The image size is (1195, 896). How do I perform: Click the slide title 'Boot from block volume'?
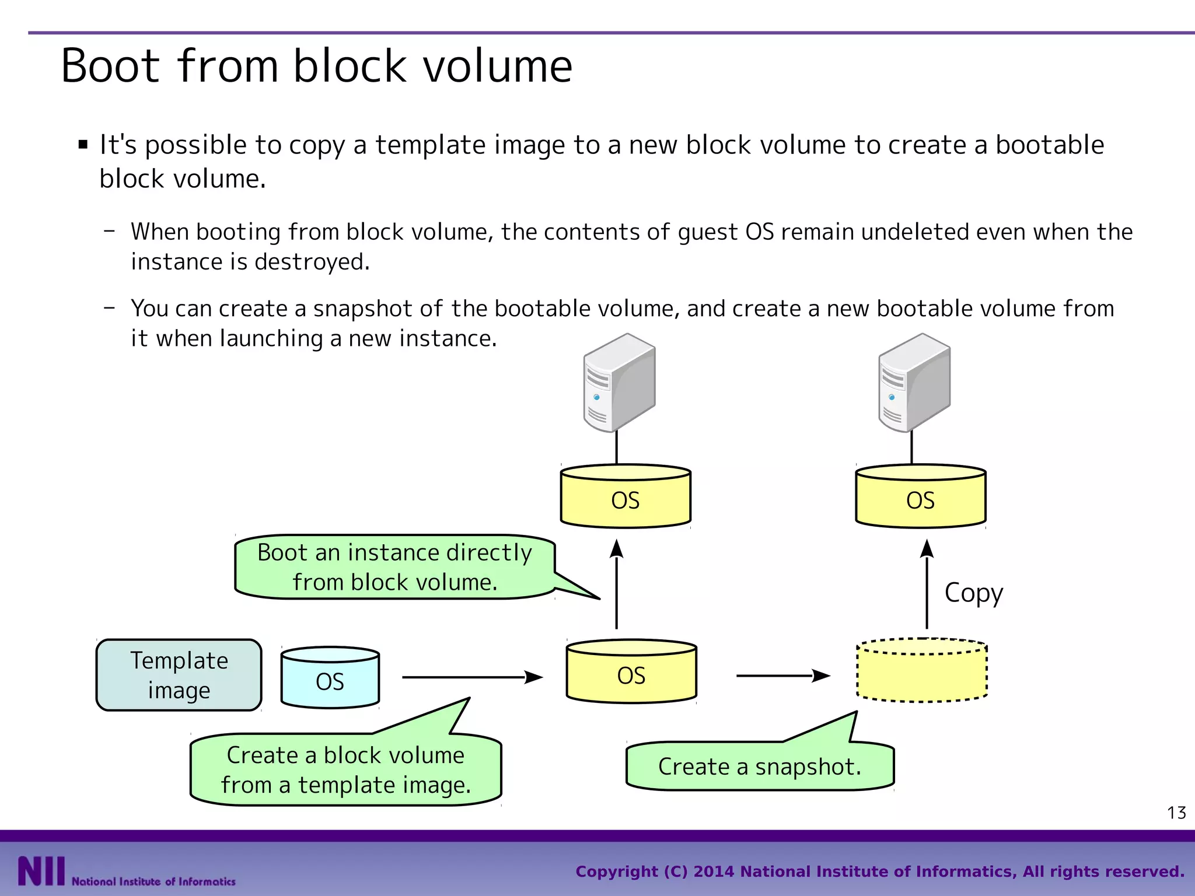[x=316, y=66]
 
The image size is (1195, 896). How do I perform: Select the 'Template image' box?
[x=179, y=675]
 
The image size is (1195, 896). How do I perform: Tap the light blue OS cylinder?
[x=330, y=678]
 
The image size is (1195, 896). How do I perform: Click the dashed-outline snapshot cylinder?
[x=922, y=671]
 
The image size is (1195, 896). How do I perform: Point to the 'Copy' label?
[x=973, y=593]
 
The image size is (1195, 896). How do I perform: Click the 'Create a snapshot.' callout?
[x=759, y=766]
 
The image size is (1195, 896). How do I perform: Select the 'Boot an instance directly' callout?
[x=394, y=567]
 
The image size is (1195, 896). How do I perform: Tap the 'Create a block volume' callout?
[x=345, y=769]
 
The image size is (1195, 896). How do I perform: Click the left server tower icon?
[x=619, y=383]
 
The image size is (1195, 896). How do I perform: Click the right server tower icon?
[x=914, y=383]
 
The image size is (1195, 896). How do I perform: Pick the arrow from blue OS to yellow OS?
[x=472, y=677]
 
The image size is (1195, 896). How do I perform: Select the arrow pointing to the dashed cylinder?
[x=782, y=675]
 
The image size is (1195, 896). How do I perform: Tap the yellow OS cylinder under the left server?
[x=626, y=497]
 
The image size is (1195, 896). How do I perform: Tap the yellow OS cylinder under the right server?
[x=921, y=497]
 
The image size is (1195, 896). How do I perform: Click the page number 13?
[x=1176, y=813]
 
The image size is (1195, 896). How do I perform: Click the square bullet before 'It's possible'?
[x=83, y=145]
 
